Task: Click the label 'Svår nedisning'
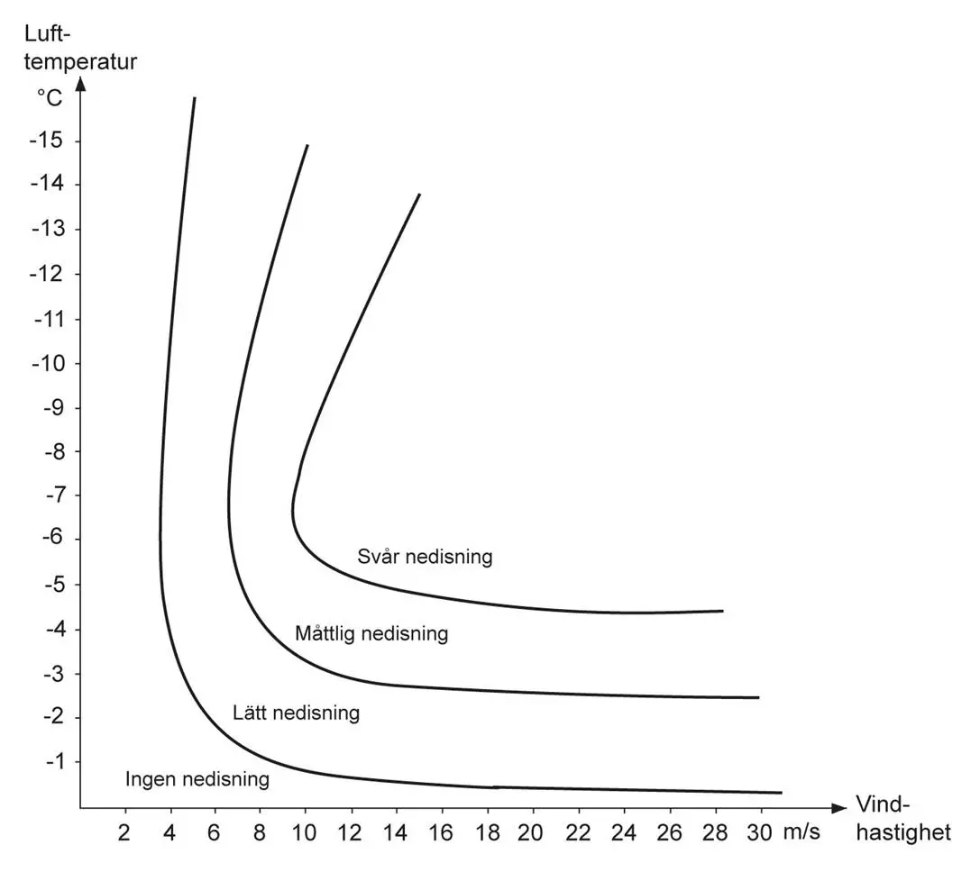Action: (425, 557)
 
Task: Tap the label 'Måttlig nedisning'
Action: (371, 634)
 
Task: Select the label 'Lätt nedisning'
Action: (296, 713)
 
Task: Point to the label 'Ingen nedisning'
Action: (197, 779)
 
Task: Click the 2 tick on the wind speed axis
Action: (125, 832)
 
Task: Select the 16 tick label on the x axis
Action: (442, 832)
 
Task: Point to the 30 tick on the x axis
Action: (760, 832)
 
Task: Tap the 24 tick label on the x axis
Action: (624, 832)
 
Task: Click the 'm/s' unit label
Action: (801, 832)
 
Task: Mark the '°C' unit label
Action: (50, 97)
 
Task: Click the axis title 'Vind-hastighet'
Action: (902, 819)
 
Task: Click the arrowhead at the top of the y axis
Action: (80, 85)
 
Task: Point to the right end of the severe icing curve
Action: (723, 611)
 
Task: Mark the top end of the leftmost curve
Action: (194, 97)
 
